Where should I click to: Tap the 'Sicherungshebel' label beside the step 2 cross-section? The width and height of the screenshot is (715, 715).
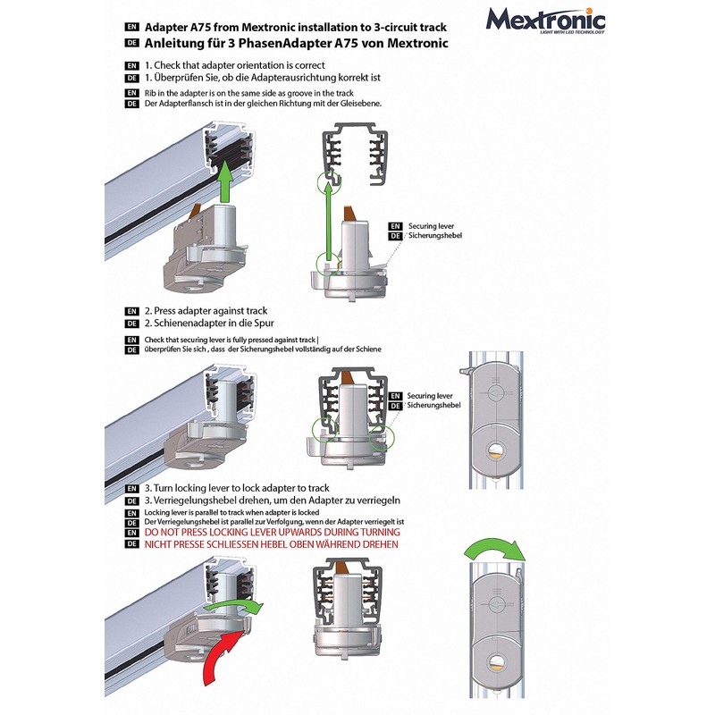[435, 406]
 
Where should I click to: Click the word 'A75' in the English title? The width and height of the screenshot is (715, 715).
[216, 27]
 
